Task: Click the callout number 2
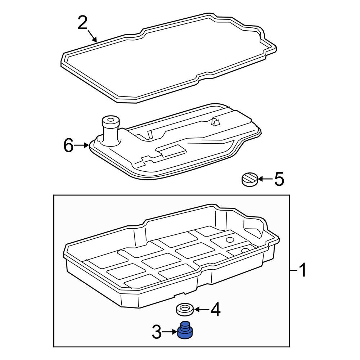[x=82, y=22]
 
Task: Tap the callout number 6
[x=68, y=145]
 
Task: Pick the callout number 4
[x=215, y=309]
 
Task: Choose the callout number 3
[x=157, y=332]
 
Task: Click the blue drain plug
[x=185, y=330]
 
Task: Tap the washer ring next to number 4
[x=185, y=310]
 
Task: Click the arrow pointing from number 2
[x=92, y=36]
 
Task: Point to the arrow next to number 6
[x=81, y=145]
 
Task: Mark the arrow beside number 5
[x=265, y=179]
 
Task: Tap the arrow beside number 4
[x=201, y=310]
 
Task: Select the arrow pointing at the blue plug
[x=170, y=332]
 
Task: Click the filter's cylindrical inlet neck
[x=110, y=130]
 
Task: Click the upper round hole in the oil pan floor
[x=230, y=240]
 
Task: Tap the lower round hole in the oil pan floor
[x=245, y=250]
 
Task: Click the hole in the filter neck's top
[x=111, y=120]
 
